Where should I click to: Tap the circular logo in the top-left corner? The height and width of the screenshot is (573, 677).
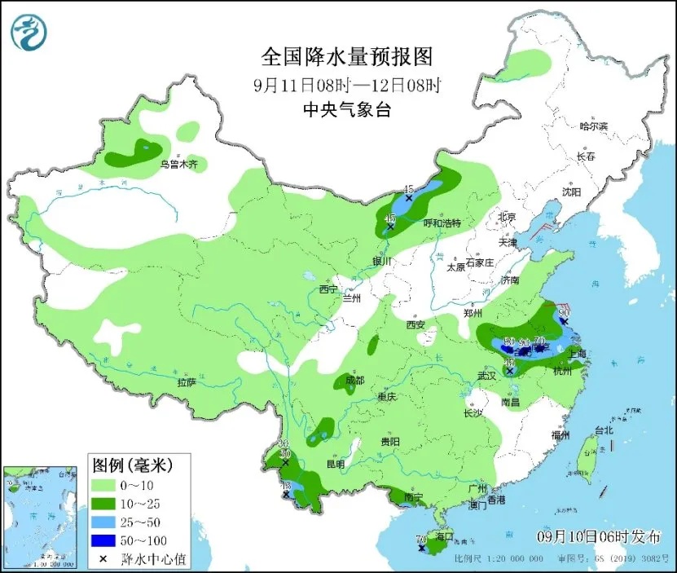coord(29,31)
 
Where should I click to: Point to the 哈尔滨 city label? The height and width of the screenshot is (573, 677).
coord(593,126)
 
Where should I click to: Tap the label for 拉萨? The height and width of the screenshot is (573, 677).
coord(187,381)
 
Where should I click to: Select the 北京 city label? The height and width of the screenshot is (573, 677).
coord(507,217)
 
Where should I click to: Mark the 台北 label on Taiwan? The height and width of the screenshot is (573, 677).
coord(602,430)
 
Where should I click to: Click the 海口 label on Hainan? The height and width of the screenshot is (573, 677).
coord(444,537)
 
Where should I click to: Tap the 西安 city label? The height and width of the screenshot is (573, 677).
coord(415,324)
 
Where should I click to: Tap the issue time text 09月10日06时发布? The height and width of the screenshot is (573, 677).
coord(599,536)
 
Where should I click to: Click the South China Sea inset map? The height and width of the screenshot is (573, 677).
coord(40,516)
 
